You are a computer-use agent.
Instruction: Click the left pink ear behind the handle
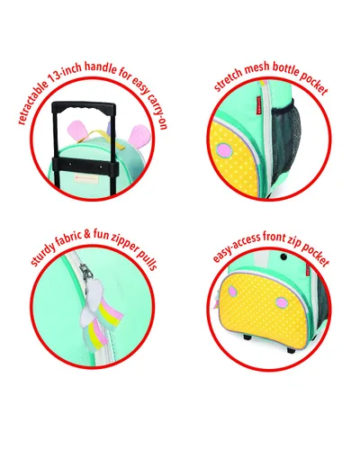[76, 130]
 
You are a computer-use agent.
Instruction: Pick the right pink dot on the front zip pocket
[282, 302]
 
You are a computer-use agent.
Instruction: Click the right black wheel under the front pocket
[291, 350]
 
